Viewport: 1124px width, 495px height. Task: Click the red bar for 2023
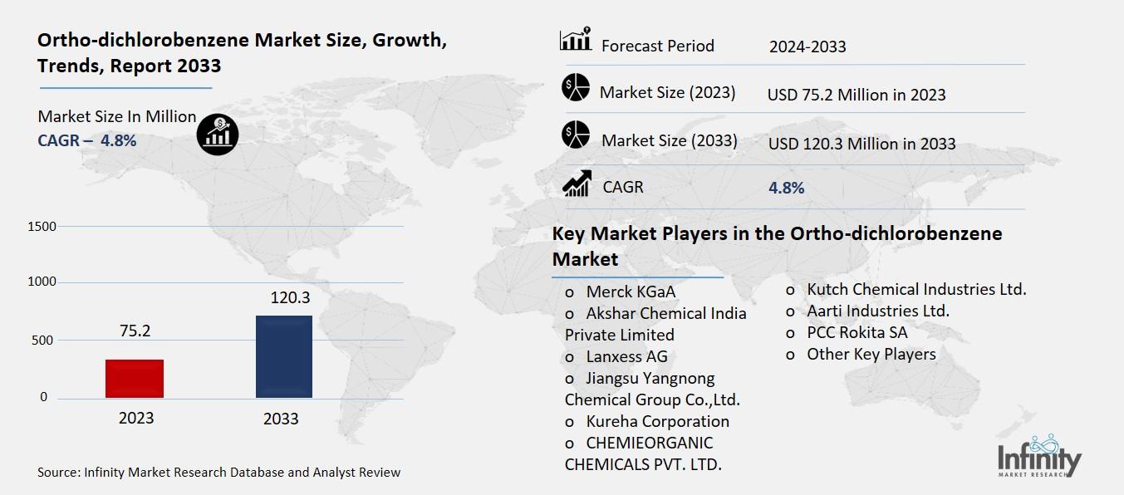tap(135, 379)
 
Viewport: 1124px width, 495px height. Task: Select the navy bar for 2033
tap(283, 357)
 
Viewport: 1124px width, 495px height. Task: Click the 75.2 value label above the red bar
tap(135, 331)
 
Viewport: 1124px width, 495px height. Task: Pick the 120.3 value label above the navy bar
tap(283, 297)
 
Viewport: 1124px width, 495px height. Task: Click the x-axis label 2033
tap(281, 419)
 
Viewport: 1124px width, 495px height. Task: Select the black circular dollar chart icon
tap(218, 134)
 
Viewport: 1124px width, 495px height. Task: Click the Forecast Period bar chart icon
tap(575, 39)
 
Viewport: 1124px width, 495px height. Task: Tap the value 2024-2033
tap(807, 47)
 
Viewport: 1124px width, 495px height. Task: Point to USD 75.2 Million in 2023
tap(856, 95)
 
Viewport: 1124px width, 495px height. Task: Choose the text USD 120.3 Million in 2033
tap(861, 144)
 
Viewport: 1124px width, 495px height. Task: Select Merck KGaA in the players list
tap(631, 292)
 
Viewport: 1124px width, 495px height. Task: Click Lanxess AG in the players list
tap(626, 357)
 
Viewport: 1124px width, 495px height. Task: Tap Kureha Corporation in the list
tap(657, 421)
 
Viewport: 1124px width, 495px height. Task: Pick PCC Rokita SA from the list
tap(856, 332)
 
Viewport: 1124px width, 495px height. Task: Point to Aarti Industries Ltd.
tap(877, 311)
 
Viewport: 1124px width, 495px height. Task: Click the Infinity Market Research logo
tap(1040, 458)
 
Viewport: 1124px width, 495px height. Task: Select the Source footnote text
tap(218, 473)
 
